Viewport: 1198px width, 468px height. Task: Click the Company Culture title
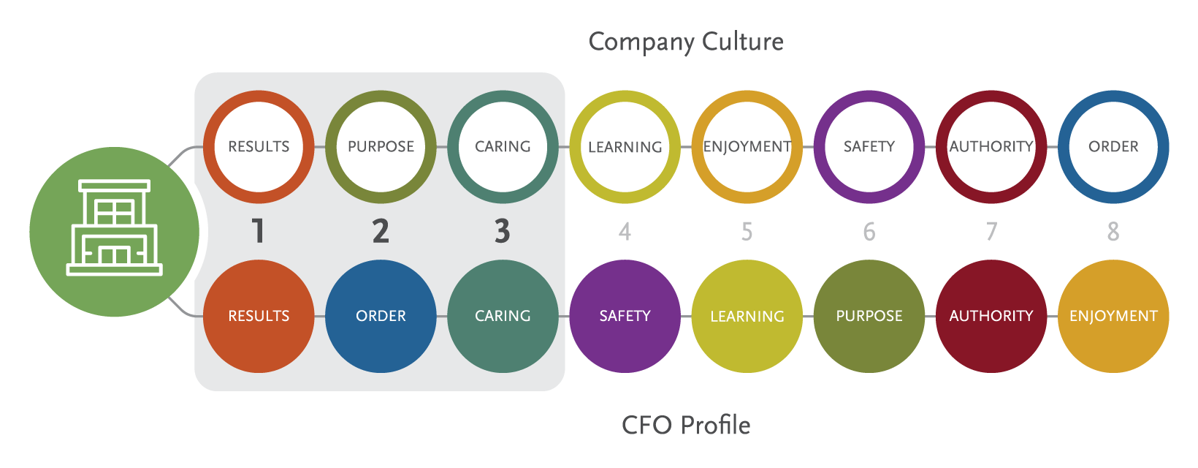[x=686, y=42]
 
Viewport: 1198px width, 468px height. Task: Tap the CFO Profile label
[x=686, y=425]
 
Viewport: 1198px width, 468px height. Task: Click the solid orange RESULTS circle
[x=259, y=317]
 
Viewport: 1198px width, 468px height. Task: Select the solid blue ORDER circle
[x=381, y=317]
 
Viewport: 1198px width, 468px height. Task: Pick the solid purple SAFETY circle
[x=625, y=317]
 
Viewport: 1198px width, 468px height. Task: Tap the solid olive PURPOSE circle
[x=869, y=317]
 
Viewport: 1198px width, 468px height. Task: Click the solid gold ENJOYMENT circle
[x=1113, y=317]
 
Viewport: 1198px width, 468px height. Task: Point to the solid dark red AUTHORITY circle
[x=991, y=317]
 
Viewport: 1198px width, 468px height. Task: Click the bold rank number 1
[x=259, y=231]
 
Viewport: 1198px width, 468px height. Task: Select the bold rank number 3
[x=502, y=231]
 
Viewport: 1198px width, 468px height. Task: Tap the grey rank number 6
[x=869, y=232]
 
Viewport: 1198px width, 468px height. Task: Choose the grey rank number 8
[x=1113, y=232]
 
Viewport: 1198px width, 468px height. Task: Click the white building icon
[x=115, y=227]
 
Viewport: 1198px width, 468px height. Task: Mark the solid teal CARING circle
[x=503, y=317]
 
